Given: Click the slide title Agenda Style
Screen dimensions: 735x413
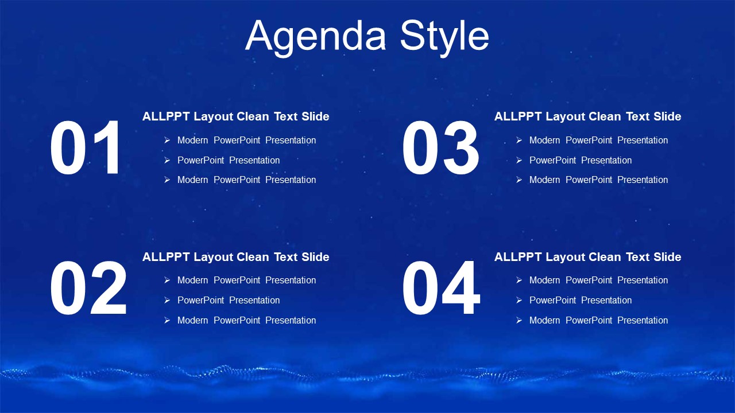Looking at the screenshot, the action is click(x=367, y=37).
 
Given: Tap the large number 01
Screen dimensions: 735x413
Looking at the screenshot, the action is click(x=86, y=148).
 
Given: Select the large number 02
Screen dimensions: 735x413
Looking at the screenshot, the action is click(x=88, y=288).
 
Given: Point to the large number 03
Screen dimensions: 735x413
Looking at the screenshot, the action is click(x=440, y=148).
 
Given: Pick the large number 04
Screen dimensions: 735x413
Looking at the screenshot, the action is click(x=441, y=288).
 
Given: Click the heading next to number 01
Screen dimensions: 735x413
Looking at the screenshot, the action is click(x=235, y=116).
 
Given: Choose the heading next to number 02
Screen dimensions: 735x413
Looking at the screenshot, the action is click(x=235, y=257).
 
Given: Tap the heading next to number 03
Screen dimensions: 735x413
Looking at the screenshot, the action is click(x=587, y=116).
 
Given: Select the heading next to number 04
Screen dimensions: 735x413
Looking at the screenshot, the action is click(x=587, y=257).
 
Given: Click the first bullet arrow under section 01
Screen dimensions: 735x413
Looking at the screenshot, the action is click(x=167, y=141).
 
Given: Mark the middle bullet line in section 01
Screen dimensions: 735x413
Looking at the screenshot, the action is click(x=229, y=160).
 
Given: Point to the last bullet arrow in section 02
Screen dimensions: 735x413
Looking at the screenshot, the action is click(x=167, y=320).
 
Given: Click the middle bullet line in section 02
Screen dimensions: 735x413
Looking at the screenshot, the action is click(x=229, y=300).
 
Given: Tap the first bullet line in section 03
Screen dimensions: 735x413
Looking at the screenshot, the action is click(x=598, y=141).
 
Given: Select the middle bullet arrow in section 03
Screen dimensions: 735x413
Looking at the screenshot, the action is click(x=519, y=160).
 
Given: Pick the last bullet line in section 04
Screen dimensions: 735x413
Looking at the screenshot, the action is click(x=598, y=320).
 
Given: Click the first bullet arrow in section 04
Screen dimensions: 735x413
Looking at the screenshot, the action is click(x=519, y=280).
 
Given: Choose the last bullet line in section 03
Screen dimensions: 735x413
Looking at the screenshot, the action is click(x=598, y=180).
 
